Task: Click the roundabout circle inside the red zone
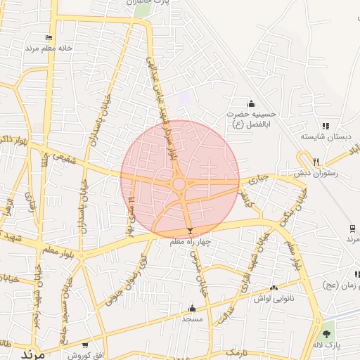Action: (179, 184)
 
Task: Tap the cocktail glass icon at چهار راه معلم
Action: (189, 231)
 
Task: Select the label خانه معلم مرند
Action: (49, 48)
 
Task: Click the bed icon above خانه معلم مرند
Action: (49, 37)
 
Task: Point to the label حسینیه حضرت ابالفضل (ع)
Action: (252, 117)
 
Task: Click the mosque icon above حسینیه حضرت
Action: (251, 104)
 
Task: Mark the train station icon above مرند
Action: (351, 229)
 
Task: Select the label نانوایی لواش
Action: (273, 299)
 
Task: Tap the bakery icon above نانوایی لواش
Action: (274, 288)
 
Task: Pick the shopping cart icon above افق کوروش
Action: (85, 345)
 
